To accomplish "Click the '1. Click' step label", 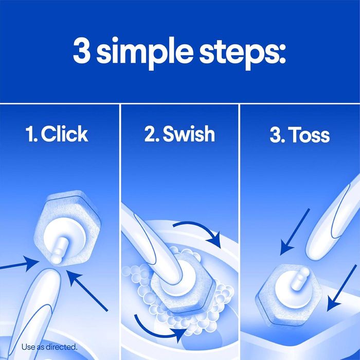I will point(57,135).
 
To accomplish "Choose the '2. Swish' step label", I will point(179,135).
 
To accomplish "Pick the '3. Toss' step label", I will point(299,136).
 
